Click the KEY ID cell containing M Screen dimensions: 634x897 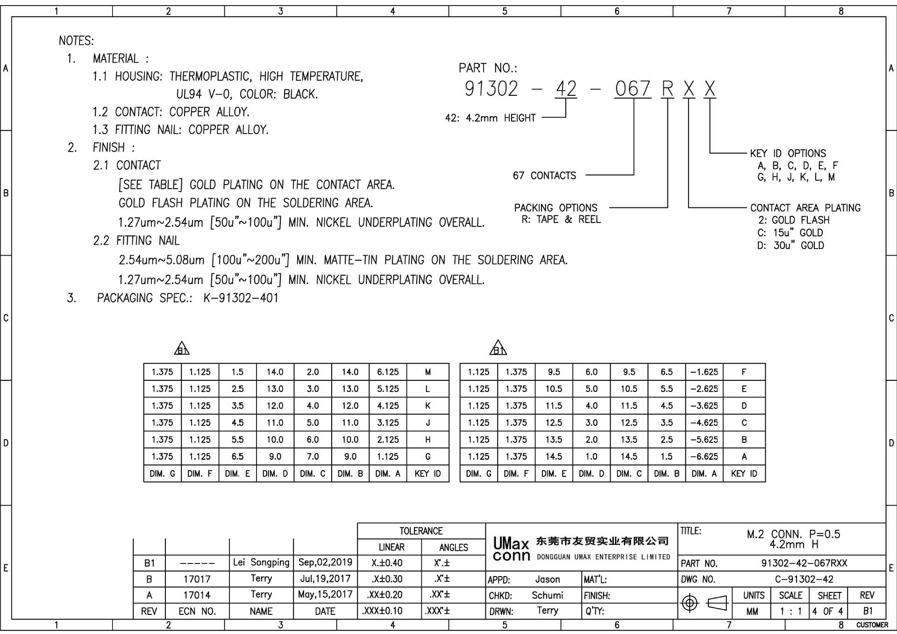click(427, 372)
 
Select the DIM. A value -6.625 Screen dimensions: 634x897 click(704, 456)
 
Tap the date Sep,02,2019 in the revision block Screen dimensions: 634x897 click(325, 562)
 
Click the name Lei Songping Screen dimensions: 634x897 click(261, 562)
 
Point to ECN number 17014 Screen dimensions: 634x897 click(197, 595)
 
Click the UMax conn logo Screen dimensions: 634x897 click(512, 549)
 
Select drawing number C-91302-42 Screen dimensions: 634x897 click(804, 579)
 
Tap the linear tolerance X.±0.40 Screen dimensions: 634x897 click(387, 563)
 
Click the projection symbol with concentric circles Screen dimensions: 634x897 click(690, 603)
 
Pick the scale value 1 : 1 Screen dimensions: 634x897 click(790, 611)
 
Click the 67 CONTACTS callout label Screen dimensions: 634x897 click(544, 176)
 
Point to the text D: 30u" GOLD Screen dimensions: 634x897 click(790, 245)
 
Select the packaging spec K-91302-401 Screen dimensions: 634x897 click(241, 298)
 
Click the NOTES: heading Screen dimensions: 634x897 click(76, 41)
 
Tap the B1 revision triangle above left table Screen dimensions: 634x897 click(182, 349)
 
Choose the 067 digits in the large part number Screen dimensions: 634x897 click(633, 89)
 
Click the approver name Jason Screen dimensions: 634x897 click(548, 579)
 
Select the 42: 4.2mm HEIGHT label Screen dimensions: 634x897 click(490, 118)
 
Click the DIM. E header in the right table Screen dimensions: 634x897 click(554, 474)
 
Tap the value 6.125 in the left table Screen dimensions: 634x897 click(388, 372)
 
